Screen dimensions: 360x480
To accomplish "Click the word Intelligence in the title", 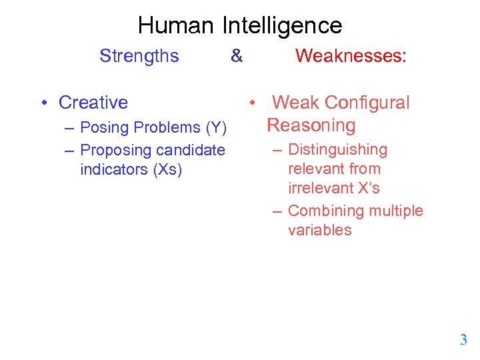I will click(281, 26).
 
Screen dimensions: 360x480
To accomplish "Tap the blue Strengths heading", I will click(139, 56).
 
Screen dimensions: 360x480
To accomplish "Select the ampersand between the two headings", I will click(237, 56).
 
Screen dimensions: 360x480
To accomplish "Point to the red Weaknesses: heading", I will click(351, 56).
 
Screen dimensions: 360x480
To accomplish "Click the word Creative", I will click(93, 103).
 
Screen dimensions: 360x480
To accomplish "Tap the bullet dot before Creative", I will click(42, 103).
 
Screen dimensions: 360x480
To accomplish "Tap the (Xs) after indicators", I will click(167, 169).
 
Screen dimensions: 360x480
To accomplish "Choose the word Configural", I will click(367, 103).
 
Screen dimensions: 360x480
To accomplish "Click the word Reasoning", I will click(311, 125).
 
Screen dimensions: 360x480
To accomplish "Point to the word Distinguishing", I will click(337, 150).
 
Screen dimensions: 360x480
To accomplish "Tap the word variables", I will click(319, 230).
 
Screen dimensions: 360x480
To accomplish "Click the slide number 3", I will click(463, 340).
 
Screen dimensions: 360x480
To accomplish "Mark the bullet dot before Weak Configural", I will click(253, 103).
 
